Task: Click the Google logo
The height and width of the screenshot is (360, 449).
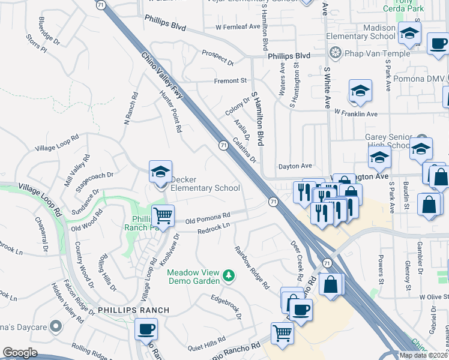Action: coord(20,353)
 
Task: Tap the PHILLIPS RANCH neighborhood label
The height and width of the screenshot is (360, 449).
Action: coord(131,310)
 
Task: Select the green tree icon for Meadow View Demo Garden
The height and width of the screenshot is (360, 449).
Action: coord(228,276)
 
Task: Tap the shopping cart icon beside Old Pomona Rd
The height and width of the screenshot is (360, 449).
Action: coord(162,214)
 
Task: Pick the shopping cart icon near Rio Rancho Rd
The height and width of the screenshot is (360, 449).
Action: coord(282,333)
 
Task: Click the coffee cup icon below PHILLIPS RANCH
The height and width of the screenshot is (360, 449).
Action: coord(146,329)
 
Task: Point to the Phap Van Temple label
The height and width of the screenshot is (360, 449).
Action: coord(376,53)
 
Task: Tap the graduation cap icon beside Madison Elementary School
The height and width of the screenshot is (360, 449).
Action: coord(409,34)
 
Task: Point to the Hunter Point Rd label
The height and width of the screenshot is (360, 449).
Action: coord(170,111)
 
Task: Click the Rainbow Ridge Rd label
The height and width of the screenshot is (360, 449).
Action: coord(252,268)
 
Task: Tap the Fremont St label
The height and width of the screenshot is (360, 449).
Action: coord(231,80)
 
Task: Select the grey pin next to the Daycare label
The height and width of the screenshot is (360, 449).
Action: coord(56,326)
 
